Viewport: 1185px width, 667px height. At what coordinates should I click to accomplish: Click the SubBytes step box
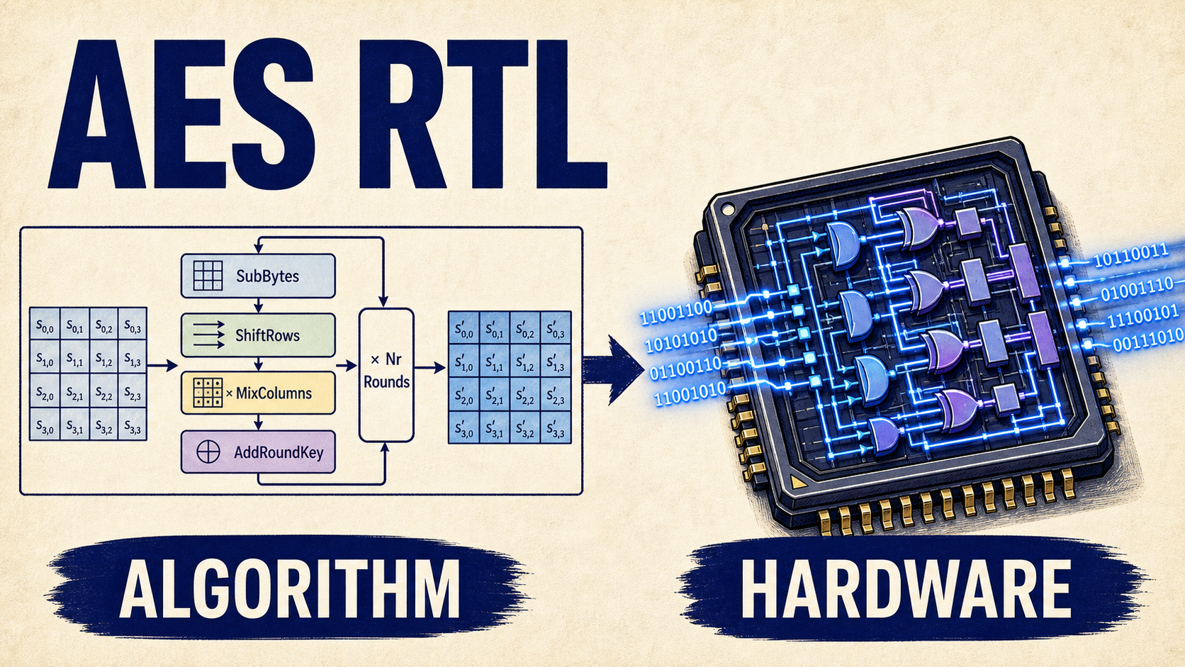click(x=258, y=276)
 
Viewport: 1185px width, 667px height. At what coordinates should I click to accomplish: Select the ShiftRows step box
click(x=258, y=335)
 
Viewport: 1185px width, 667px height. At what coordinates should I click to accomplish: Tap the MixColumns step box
click(x=258, y=393)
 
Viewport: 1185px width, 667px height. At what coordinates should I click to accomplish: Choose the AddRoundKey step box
click(x=258, y=452)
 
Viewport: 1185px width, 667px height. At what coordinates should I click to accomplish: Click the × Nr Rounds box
click(x=386, y=375)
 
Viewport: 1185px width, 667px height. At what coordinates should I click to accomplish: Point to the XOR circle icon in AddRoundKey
click(x=208, y=452)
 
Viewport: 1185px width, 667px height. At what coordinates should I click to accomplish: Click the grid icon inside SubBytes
click(x=208, y=276)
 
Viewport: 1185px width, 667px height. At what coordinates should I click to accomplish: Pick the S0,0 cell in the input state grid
click(x=45, y=324)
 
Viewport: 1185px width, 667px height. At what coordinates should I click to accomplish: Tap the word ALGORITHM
click(x=289, y=588)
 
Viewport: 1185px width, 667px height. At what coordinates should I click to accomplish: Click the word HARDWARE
click(x=906, y=588)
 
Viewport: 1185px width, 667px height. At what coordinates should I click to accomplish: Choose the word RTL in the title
click(x=483, y=113)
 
